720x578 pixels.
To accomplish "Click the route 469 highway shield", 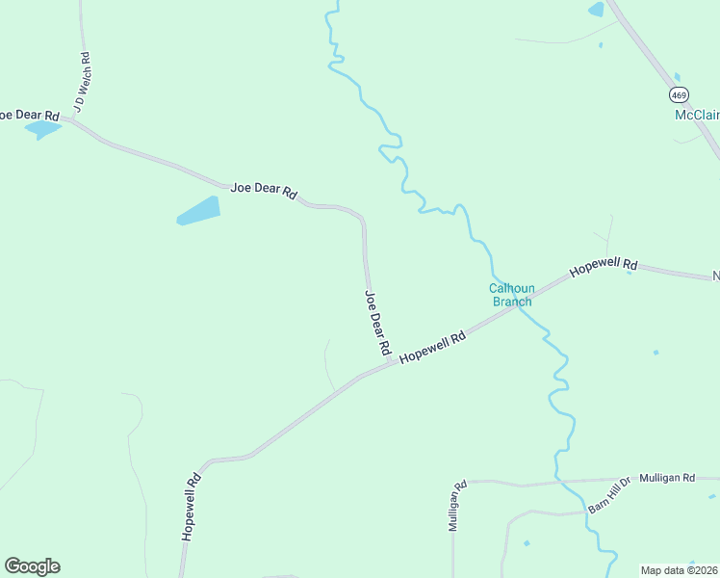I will (x=679, y=94).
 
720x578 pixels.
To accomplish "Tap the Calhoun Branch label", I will (x=511, y=295).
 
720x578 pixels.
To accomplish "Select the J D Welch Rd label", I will (x=82, y=82).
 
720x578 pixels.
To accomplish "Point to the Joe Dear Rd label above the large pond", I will (x=263, y=189).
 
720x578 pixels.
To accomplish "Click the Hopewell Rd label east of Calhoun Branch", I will (x=604, y=268).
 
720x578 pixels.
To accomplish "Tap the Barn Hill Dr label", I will (x=608, y=495).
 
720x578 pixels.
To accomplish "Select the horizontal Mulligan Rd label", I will (x=667, y=478).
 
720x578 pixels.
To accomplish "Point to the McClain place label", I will (x=696, y=115).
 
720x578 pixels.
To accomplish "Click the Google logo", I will (x=32, y=566).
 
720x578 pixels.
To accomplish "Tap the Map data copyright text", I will (x=680, y=570).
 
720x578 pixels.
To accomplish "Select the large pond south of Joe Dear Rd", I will (x=198, y=210).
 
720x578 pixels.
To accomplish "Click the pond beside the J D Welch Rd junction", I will (x=42, y=129).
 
